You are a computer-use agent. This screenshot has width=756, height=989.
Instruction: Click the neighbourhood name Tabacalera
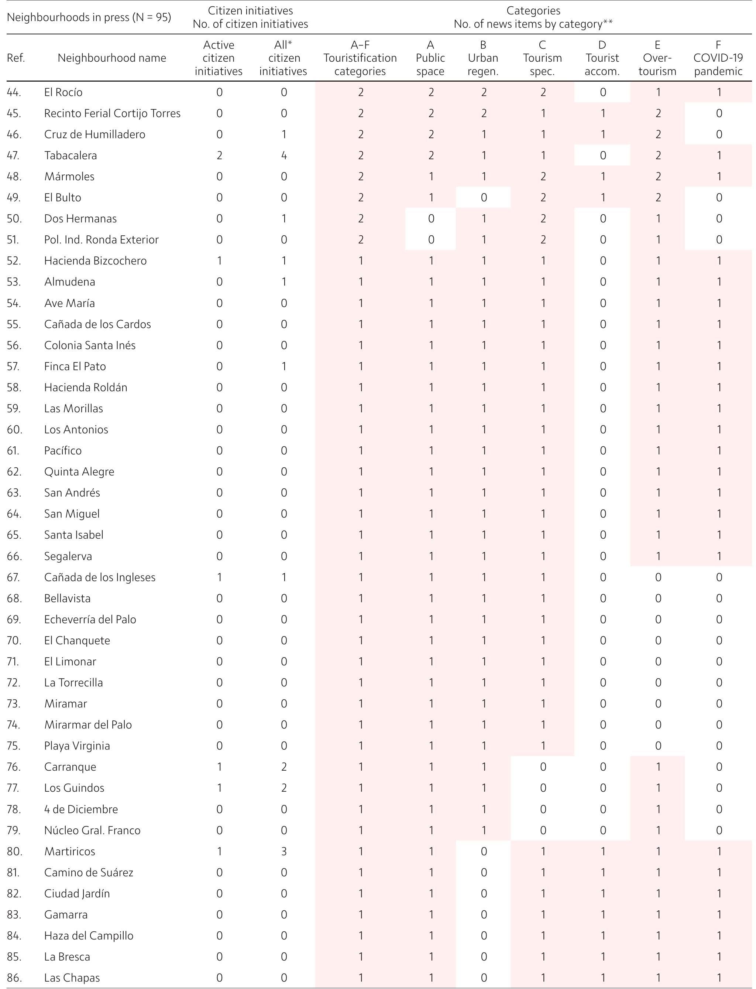pyautogui.click(x=70, y=156)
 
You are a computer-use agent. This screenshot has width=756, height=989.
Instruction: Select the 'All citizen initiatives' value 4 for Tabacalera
pyautogui.click(x=283, y=156)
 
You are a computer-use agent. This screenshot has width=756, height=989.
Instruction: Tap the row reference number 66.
pyautogui.click(x=14, y=556)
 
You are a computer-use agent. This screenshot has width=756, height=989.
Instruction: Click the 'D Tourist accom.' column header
pyautogui.click(x=602, y=58)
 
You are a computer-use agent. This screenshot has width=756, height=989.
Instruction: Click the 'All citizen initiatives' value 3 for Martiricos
pyautogui.click(x=283, y=851)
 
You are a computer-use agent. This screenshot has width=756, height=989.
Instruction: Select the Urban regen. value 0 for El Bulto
pyautogui.click(x=483, y=198)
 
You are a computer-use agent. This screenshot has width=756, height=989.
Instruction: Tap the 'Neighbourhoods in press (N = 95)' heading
pyautogui.click(x=89, y=17)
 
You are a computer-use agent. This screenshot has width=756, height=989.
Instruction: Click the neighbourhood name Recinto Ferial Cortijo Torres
pyautogui.click(x=112, y=113)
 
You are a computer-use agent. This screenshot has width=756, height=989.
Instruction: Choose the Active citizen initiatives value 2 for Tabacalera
pyautogui.click(x=219, y=156)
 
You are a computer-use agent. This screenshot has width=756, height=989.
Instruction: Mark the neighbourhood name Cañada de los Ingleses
pyautogui.click(x=99, y=577)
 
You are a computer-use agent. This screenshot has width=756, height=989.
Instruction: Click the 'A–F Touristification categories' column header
pyautogui.click(x=360, y=58)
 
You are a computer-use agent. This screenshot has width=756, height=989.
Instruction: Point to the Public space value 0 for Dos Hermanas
pyautogui.click(x=431, y=219)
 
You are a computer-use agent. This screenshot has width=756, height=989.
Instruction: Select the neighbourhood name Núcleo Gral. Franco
pyautogui.click(x=92, y=830)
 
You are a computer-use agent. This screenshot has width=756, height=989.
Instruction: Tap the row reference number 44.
pyautogui.click(x=14, y=92)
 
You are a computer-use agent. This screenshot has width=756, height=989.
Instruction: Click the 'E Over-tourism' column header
pyautogui.click(x=657, y=58)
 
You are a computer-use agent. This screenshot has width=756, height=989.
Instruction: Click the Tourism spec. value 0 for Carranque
pyautogui.click(x=543, y=767)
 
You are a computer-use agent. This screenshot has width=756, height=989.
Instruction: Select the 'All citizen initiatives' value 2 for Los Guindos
pyautogui.click(x=283, y=788)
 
